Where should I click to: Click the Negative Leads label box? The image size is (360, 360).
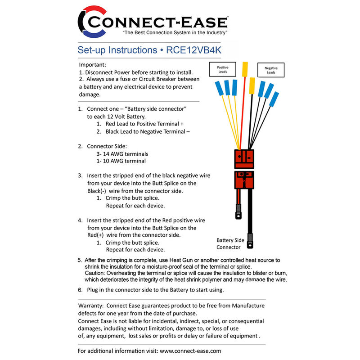tap(270, 70)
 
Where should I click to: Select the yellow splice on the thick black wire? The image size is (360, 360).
tap(252, 85)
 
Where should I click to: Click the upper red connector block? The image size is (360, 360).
tap(244, 158)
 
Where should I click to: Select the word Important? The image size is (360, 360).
tap(93, 65)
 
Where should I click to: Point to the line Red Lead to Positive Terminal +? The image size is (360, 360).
tap(144, 124)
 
